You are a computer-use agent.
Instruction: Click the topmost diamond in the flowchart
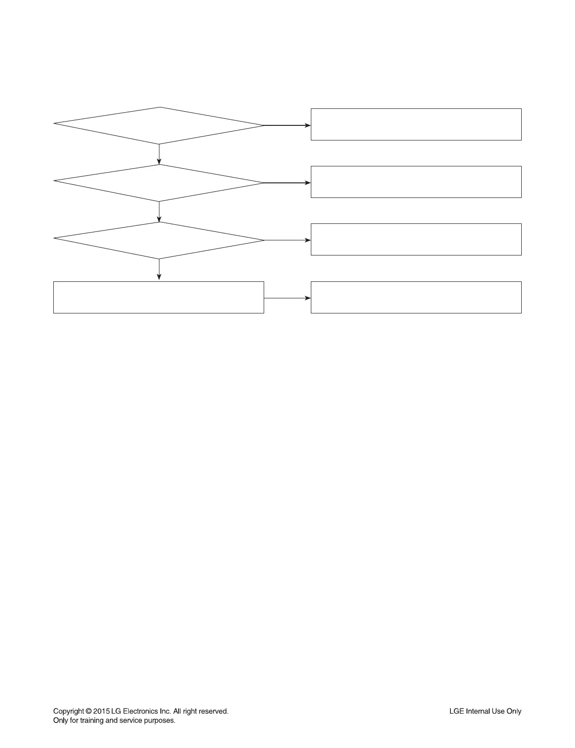[x=159, y=125]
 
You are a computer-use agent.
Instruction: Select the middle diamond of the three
[x=159, y=183]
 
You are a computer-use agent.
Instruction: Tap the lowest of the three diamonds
[x=159, y=240]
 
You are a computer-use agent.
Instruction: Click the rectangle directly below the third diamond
[x=158, y=297]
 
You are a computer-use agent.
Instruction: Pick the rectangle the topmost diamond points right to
[x=416, y=124]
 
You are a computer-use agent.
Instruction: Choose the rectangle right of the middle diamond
[x=416, y=182]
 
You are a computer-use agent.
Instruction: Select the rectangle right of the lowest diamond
[x=416, y=239]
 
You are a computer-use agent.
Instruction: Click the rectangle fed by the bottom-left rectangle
[x=416, y=297]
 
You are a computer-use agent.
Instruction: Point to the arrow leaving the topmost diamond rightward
[x=287, y=125]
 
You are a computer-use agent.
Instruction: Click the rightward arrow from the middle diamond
[x=287, y=183]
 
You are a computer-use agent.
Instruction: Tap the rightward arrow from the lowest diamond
[x=287, y=240]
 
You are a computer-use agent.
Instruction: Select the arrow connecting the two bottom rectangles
[x=287, y=298]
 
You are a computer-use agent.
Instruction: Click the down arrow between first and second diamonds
[x=159, y=154]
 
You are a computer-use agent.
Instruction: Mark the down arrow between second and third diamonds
[x=159, y=212]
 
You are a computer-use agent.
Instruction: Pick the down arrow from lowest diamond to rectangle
[x=159, y=270]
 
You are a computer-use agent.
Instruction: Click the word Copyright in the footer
[x=68, y=711]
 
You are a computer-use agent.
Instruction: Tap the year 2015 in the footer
[x=101, y=711]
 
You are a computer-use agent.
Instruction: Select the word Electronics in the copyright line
[x=140, y=711]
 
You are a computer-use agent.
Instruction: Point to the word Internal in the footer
[x=478, y=711]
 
